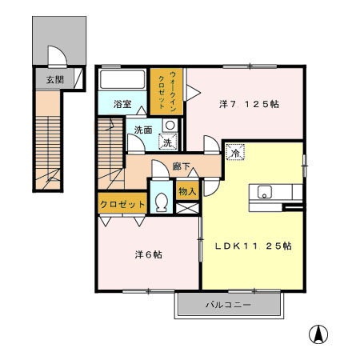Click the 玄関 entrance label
[x=54, y=79]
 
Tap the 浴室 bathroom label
[x=121, y=104]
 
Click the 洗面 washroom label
[x=143, y=130]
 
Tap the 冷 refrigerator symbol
[x=234, y=150]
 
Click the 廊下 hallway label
[x=182, y=167]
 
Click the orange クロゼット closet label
[x=122, y=204]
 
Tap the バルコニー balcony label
[x=228, y=305]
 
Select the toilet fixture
[x=161, y=202]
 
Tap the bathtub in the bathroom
[x=122, y=81]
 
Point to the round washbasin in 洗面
[x=169, y=125]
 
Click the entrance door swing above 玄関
[x=56, y=57]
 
